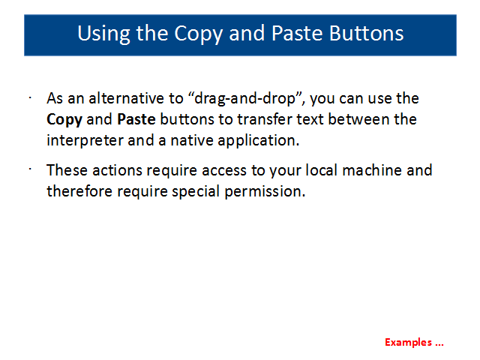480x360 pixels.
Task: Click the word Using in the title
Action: [x=103, y=34]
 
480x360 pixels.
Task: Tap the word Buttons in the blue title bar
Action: [x=367, y=33]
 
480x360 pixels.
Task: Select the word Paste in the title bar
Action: [x=297, y=33]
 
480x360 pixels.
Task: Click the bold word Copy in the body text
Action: [x=64, y=120]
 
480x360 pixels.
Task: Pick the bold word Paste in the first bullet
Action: [x=136, y=119]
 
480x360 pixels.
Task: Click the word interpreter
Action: [x=85, y=140]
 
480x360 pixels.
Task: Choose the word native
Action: [x=191, y=140]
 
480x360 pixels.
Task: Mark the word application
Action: [x=258, y=141]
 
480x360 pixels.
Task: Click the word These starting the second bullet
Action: [x=67, y=170]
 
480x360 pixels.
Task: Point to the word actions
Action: [x=117, y=170]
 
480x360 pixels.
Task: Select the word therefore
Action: [x=79, y=191]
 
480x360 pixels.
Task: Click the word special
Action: [x=196, y=192]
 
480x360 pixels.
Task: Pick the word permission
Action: [x=265, y=192]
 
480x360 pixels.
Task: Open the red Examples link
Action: [x=414, y=342]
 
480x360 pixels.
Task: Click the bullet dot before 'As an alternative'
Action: [x=30, y=98]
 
